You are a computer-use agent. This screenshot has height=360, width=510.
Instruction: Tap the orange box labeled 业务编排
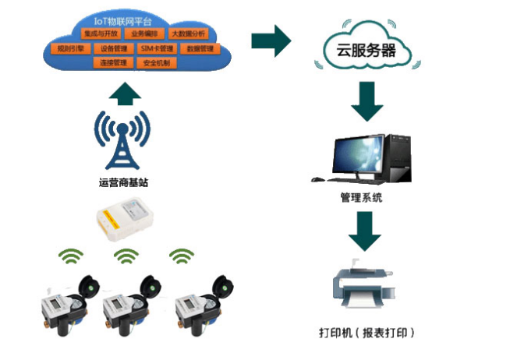[143, 34]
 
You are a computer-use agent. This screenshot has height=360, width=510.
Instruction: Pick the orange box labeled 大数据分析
[187, 34]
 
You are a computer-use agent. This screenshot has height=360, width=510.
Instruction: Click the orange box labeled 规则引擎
[73, 48]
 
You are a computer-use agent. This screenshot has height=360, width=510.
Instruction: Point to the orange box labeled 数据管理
[200, 48]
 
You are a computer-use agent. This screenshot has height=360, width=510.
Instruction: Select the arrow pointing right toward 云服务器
[271, 41]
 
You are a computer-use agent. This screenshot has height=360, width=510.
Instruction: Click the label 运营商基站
[122, 182]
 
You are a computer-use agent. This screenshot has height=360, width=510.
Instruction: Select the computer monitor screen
[358, 154]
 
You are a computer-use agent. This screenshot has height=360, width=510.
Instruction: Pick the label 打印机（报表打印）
[367, 333]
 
